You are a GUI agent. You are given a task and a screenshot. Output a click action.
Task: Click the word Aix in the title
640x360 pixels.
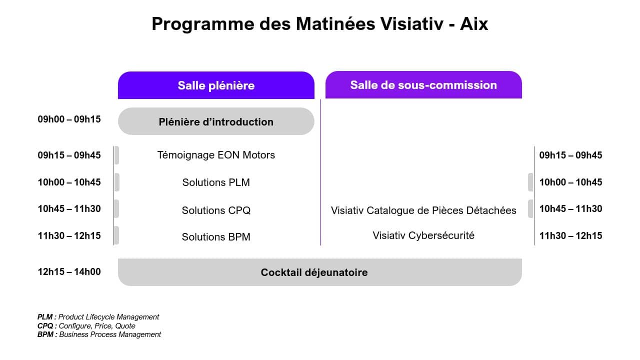point(474,23)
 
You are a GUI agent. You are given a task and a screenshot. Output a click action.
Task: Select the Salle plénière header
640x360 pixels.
point(216,85)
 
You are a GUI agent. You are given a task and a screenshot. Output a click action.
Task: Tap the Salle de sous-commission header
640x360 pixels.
point(423,85)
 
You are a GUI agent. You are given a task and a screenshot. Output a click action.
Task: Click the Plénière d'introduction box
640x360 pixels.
point(216,121)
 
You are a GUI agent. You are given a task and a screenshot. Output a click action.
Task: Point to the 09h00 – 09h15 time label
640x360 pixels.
point(69,119)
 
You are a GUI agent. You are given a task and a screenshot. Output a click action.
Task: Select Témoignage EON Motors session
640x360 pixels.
point(216,155)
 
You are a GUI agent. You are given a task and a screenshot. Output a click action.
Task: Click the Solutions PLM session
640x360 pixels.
point(216,182)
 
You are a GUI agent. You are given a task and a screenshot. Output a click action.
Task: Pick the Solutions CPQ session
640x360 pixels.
point(216,210)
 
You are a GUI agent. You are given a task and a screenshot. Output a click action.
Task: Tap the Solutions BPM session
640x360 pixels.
point(216,237)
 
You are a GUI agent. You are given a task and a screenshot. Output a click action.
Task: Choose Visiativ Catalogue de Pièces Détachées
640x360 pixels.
point(423,210)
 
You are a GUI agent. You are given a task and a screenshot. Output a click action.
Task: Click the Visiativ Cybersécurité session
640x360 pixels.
point(423,235)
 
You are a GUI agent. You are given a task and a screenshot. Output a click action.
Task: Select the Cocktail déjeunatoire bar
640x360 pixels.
point(320,272)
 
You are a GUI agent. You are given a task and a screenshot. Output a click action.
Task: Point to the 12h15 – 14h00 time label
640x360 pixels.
point(69,271)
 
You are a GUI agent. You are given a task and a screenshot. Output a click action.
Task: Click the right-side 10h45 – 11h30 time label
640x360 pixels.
point(570,209)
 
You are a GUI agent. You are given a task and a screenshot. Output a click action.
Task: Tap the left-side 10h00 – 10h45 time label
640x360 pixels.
point(69,182)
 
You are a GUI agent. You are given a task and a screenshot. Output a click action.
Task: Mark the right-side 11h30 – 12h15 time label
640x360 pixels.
point(570,235)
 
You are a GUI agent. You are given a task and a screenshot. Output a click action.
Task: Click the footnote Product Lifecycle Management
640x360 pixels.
point(108,317)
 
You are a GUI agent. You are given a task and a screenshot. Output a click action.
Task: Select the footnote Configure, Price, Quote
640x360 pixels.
point(97,326)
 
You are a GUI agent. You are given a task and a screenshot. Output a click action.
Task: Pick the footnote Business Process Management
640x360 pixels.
point(110,334)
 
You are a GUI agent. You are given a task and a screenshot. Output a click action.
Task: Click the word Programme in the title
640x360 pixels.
point(203,24)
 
